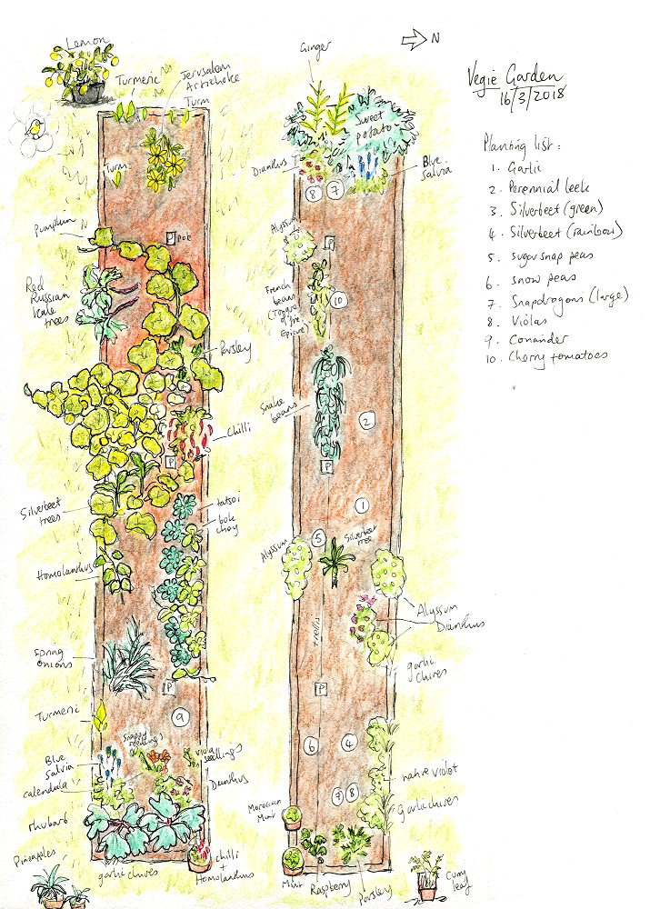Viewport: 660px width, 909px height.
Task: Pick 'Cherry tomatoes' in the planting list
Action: [x=558, y=357]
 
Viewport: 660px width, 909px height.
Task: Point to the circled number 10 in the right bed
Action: [x=337, y=299]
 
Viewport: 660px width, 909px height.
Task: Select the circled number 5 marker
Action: [x=318, y=537]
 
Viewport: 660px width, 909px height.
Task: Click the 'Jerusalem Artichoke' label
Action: [x=210, y=79]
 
